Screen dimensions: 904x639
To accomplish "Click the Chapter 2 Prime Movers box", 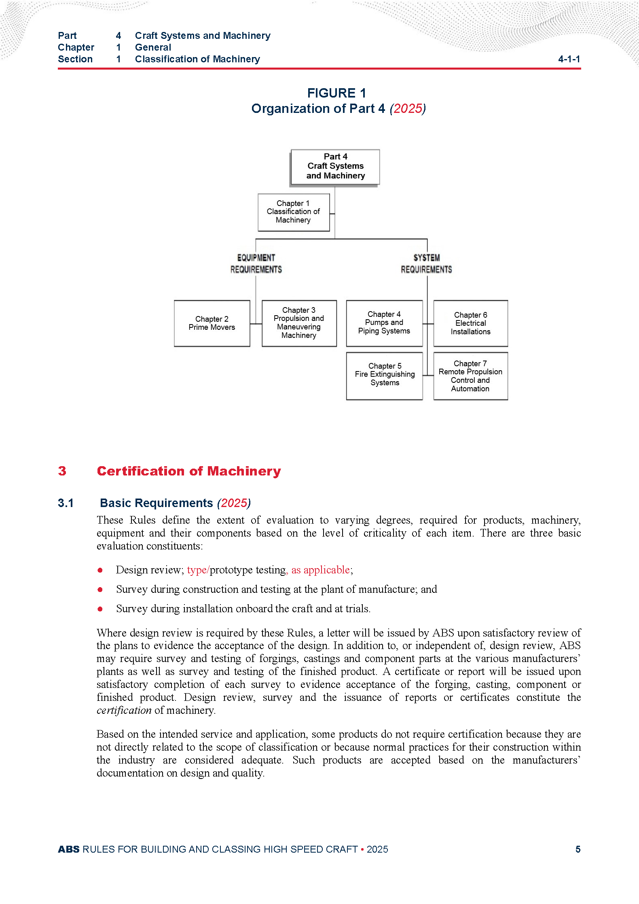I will (212, 323).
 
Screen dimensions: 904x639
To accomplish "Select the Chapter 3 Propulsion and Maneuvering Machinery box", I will (299, 323).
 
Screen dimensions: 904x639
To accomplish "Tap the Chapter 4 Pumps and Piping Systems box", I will (384, 323).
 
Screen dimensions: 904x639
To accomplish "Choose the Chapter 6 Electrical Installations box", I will (470, 323).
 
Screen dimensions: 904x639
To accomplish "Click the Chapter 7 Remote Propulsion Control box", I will (470, 376).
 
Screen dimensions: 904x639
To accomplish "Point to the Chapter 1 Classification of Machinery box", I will (294, 212).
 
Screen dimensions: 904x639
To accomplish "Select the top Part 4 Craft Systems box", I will (335, 166).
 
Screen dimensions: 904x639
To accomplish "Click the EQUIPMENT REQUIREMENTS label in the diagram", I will (256, 263).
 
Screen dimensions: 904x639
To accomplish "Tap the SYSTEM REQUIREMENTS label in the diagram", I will (426, 263).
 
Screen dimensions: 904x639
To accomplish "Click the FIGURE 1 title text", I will (336, 93).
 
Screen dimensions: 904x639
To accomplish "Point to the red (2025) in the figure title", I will (408, 108).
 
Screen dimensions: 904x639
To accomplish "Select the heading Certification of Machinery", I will (189, 471).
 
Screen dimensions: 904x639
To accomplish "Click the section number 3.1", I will (66, 503).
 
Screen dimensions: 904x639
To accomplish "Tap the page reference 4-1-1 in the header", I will (569, 59).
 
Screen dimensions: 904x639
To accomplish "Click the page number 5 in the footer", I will (578, 849).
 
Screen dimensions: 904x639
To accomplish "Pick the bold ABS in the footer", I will (69, 849).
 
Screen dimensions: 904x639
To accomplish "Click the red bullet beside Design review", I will (100, 570).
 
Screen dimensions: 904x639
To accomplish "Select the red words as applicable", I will (320, 570).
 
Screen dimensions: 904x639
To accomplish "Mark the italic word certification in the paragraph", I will (124, 710).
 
